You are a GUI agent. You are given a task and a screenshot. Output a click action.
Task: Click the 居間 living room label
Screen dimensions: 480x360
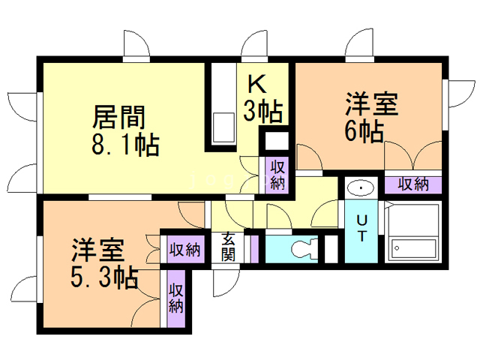click(x=118, y=117)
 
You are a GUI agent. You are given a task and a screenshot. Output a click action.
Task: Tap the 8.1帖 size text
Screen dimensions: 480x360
click(x=125, y=145)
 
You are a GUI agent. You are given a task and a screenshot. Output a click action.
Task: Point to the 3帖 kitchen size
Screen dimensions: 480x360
click(x=263, y=112)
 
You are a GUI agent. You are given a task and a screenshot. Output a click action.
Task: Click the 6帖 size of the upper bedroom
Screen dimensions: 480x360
click(x=364, y=131)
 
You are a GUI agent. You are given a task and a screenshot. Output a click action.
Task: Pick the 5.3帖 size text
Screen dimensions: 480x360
click(x=104, y=277)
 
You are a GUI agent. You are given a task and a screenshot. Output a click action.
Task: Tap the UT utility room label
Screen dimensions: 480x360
click(x=361, y=228)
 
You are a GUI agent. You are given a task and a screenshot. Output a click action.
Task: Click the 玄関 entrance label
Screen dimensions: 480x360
click(x=228, y=247)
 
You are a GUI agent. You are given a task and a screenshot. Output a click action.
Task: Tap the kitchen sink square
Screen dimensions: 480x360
click(x=223, y=127)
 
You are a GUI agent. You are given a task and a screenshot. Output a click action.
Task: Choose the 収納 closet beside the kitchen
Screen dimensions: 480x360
click(x=277, y=175)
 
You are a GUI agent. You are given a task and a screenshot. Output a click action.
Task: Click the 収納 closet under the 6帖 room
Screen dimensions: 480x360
click(x=413, y=185)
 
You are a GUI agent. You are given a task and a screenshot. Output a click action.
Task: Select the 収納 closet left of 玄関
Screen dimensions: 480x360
click(x=185, y=250)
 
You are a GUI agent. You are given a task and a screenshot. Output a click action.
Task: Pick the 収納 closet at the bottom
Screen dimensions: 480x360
click(x=176, y=298)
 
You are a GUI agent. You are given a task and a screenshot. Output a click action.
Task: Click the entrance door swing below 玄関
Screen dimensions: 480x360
click(x=226, y=283)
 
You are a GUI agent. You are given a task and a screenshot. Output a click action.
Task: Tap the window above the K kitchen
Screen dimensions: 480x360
click(x=254, y=59)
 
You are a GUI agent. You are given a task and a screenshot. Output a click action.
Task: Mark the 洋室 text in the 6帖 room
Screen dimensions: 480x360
click(x=372, y=104)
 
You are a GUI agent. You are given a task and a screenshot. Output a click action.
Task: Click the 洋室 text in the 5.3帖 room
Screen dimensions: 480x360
click(x=98, y=250)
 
